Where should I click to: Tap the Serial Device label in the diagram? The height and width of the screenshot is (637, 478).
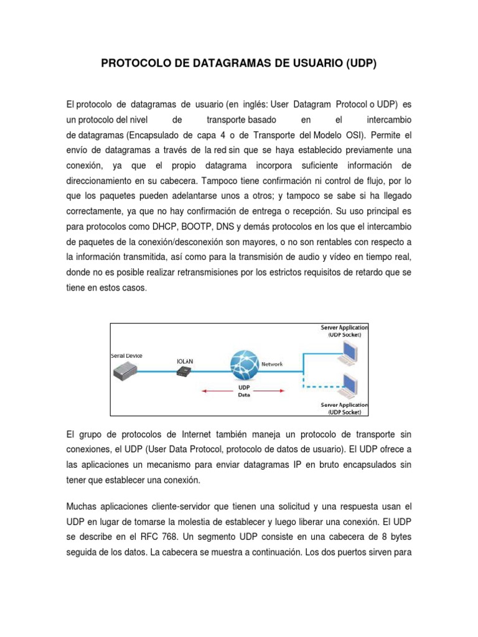tap(126, 355)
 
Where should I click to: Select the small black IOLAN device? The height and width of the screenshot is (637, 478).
tap(184, 371)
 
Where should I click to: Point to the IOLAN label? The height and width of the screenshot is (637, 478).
tap(185, 360)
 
